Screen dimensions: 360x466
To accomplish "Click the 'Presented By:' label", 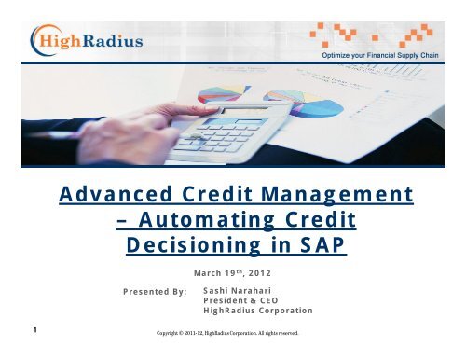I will click(155, 295).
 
